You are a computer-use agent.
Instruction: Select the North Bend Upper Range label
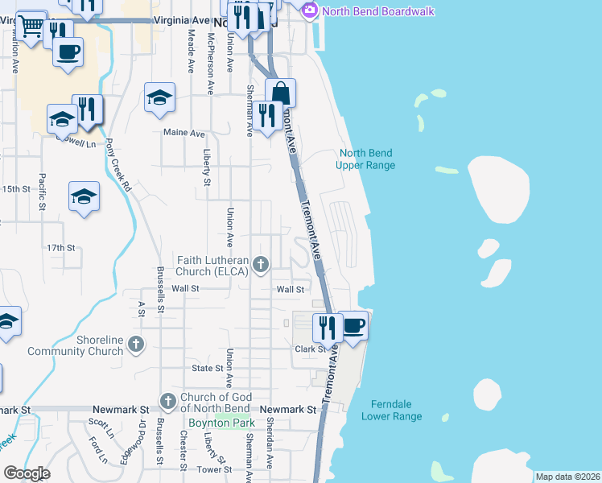tap(367, 159)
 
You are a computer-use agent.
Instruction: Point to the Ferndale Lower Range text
tap(392, 410)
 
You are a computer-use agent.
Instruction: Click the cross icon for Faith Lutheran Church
tap(260, 263)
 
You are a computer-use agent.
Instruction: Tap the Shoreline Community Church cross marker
tap(137, 345)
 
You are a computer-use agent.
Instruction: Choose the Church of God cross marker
tap(168, 400)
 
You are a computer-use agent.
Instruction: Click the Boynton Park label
tap(221, 423)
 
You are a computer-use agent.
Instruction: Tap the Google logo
tap(27, 473)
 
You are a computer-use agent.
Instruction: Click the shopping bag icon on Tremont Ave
tap(280, 93)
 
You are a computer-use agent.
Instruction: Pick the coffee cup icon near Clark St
tap(353, 325)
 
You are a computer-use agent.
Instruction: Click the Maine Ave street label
tap(183, 133)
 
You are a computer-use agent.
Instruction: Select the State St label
tap(207, 368)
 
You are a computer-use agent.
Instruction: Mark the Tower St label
tap(215, 469)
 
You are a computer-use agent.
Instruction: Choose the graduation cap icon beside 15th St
tap(84, 196)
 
